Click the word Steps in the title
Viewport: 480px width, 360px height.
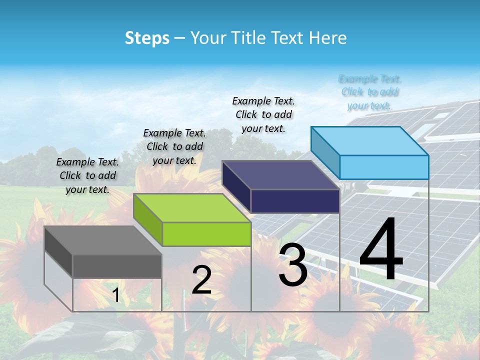click(147, 38)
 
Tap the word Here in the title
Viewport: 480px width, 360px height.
click(329, 38)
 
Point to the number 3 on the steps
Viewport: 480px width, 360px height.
click(293, 265)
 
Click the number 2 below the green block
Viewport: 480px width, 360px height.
click(201, 280)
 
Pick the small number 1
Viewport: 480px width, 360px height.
click(116, 295)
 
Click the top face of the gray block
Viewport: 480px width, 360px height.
click(102, 240)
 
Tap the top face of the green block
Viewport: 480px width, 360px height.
click(191, 207)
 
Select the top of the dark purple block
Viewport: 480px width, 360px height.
click(280, 175)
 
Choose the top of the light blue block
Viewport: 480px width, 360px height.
click(369, 141)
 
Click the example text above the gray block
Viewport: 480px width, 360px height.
click(87, 175)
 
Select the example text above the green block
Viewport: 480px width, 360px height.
click(174, 146)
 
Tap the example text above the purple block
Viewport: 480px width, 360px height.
click(263, 114)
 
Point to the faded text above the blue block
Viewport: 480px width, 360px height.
click(369, 92)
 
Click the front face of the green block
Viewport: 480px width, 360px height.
click(206, 234)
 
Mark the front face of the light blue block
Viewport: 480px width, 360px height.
click(384, 167)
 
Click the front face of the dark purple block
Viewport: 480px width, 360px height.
click(295, 201)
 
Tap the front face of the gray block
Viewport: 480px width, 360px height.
click(117, 266)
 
